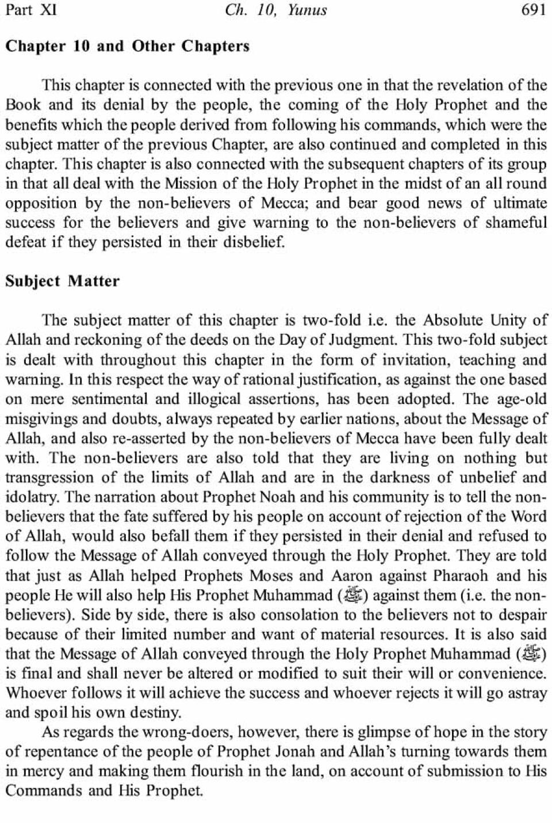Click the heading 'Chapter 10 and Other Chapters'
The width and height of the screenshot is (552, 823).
click(x=128, y=46)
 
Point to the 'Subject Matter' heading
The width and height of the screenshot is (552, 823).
click(x=63, y=281)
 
